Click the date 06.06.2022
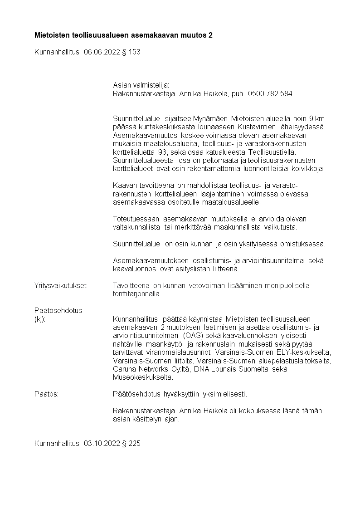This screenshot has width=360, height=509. point(102,52)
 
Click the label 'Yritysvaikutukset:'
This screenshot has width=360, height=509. point(61,285)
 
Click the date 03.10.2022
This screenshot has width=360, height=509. point(102,444)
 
